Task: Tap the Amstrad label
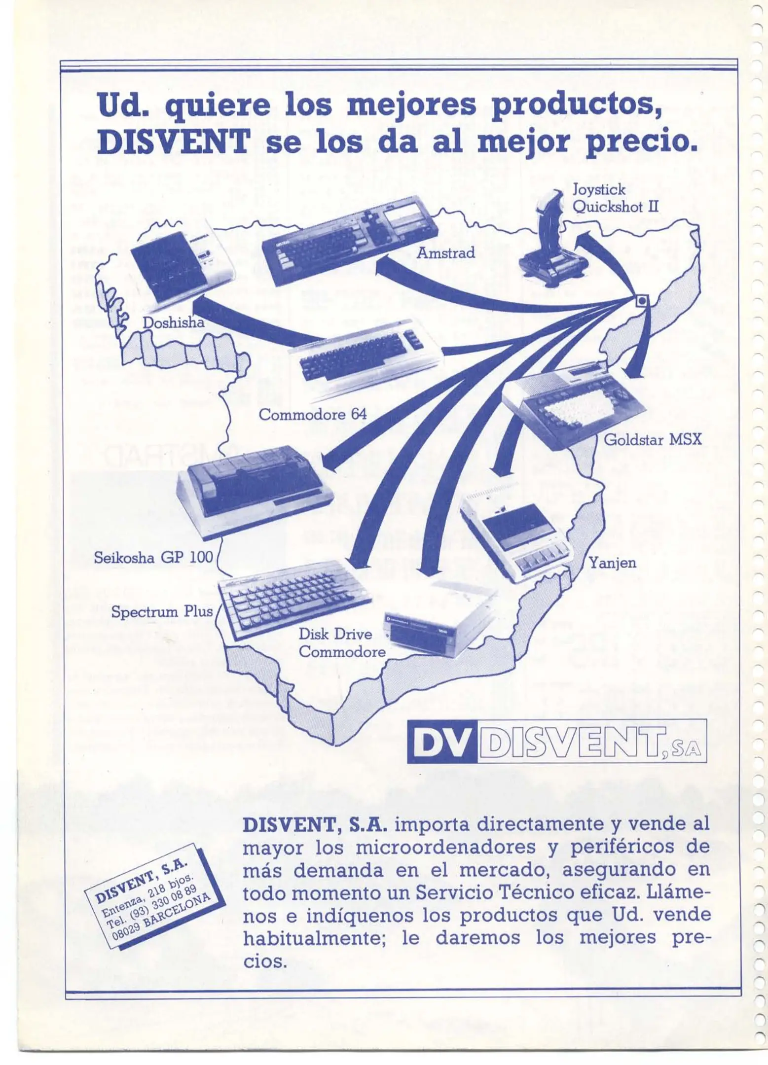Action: pos(446,253)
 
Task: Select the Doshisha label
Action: pos(173,322)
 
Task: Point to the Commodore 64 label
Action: pos(313,414)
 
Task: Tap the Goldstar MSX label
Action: pos(652,439)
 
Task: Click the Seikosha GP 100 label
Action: pos(153,558)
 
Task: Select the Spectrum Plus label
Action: pos(162,612)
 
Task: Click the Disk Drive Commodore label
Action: pos(342,643)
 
